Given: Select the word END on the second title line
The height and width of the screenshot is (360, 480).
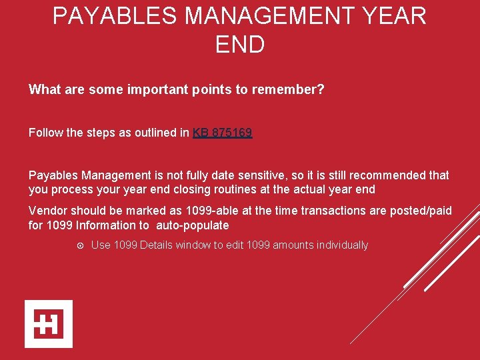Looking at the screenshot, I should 240,45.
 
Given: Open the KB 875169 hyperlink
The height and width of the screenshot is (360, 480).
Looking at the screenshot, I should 222,133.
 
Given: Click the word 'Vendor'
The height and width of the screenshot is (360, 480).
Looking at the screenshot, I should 47,211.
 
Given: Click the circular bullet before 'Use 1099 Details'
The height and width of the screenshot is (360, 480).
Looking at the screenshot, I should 79,245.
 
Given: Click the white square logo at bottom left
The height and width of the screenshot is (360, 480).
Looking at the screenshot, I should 49,324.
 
